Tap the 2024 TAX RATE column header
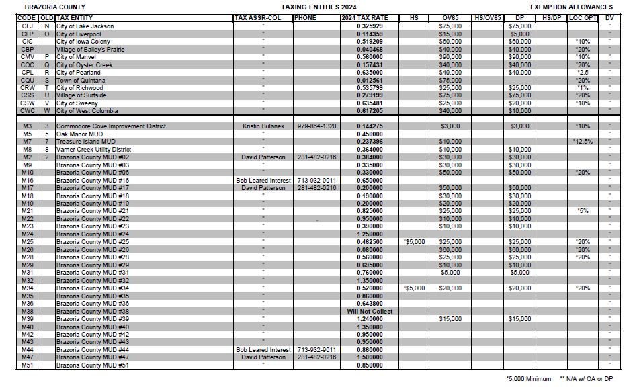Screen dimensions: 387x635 click(x=365, y=17)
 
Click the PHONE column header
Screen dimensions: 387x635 click(x=305, y=17)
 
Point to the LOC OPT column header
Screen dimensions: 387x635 click(x=583, y=17)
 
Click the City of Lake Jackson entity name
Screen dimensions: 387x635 click(x=85, y=26)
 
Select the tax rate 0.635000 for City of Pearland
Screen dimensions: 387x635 click(x=365, y=73)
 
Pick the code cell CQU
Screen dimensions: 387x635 click(x=28, y=80)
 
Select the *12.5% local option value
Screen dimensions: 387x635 click(x=583, y=142)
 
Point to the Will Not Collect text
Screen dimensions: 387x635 click(x=370, y=312)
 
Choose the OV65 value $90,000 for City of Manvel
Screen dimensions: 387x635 click(x=450, y=57)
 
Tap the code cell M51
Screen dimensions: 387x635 click(x=28, y=365)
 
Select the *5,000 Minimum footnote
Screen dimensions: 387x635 click(x=528, y=379)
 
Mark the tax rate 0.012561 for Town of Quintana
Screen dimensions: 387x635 click(x=365, y=80)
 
